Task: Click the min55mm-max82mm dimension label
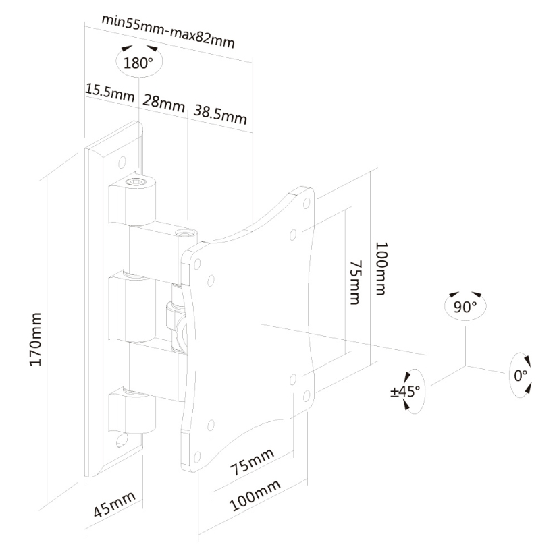click(168, 31)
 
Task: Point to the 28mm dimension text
click(163, 103)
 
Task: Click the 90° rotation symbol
click(465, 305)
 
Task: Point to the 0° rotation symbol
click(520, 374)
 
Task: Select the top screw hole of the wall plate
click(122, 162)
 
